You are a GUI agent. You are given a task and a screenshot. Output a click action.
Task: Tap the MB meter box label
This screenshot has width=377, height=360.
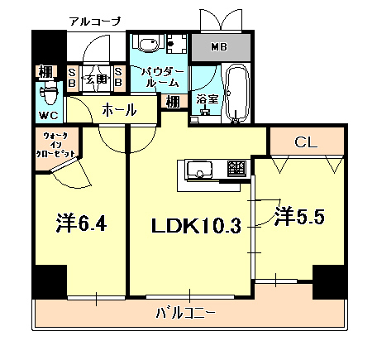click(219, 47)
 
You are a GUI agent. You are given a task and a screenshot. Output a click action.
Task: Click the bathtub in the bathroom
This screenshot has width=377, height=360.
click(238, 92)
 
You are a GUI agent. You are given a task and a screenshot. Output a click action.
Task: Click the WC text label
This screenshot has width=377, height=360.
click(47, 113)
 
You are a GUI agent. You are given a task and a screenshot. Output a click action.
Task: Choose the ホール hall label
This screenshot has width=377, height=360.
click(119, 109)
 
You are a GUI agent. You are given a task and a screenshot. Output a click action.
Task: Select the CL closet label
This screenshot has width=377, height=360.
click(305, 143)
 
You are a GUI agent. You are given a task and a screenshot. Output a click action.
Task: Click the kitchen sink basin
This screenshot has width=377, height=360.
click(201, 170)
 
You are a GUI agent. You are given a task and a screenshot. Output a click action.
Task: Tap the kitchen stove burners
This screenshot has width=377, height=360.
click(237, 170)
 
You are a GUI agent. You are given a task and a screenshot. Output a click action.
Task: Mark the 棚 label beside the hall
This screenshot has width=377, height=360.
click(171, 102)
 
